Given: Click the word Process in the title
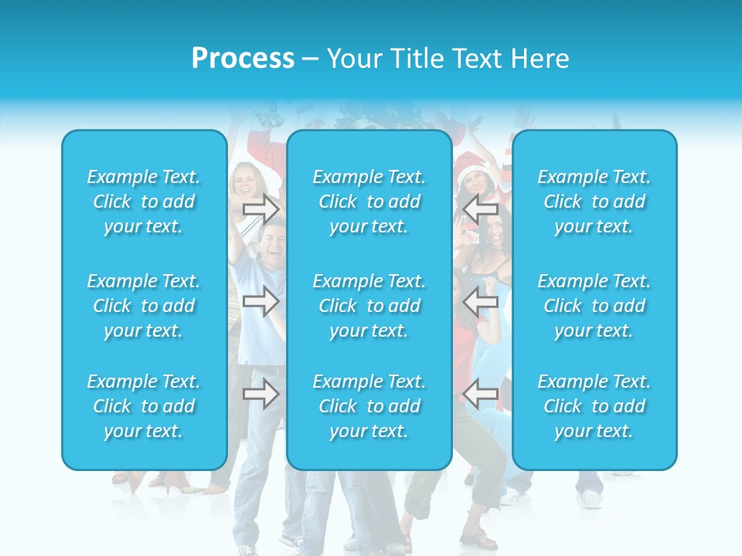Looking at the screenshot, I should click(243, 59).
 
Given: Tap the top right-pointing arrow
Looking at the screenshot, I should click(260, 208).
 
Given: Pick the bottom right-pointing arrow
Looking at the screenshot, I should click(260, 394).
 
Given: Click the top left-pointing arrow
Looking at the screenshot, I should click(480, 208).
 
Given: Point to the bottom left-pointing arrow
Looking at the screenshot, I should click(480, 394).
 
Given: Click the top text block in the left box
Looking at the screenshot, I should click(144, 202).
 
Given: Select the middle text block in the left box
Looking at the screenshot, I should click(144, 306).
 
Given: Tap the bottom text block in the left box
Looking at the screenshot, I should click(144, 406).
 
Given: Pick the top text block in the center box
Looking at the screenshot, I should click(369, 202).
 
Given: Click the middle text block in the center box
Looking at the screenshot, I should click(369, 306).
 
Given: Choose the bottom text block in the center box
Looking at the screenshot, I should click(369, 406).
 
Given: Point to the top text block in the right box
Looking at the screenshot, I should click(594, 202).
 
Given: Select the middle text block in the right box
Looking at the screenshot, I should click(594, 306).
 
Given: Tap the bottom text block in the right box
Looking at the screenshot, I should click(594, 406).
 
